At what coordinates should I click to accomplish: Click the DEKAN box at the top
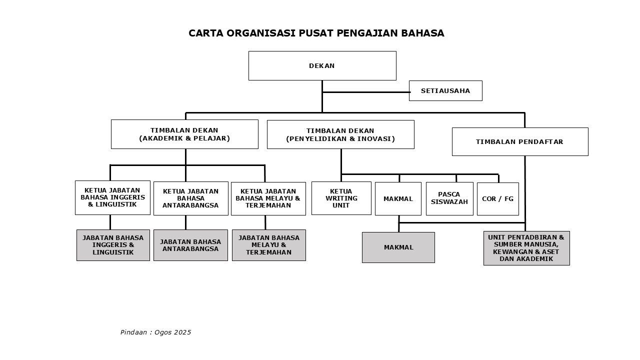click(x=322, y=65)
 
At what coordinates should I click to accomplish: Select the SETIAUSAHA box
click(x=445, y=90)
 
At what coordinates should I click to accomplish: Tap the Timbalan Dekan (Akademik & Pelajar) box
click(x=184, y=134)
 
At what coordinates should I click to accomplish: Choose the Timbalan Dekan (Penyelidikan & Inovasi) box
click(x=340, y=134)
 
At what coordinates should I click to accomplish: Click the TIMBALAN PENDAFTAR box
click(x=520, y=141)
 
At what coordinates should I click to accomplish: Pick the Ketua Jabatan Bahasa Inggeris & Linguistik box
click(x=112, y=197)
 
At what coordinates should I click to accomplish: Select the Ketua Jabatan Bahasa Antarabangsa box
click(x=190, y=198)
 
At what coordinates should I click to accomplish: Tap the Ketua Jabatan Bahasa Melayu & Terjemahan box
click(x=268, y=198)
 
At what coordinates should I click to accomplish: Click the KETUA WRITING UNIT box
click(x=341, y=198)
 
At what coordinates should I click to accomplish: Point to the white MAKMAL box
click(x=398, y=198)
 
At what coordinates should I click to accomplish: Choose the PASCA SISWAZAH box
click(x=449, y=198)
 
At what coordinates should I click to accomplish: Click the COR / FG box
click(x=497, y=198)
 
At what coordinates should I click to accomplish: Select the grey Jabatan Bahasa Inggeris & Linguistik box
click(x=113, y=245)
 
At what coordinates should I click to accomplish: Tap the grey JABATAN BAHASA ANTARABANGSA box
click(x=190, y=245)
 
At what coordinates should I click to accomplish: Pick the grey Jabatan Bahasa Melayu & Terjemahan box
click(x=268, y=245)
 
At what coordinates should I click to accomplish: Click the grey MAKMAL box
click(x=398, y=247)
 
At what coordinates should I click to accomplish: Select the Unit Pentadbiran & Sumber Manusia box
click(x=526, y=248)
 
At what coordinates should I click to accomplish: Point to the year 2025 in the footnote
click(x=182, y=332)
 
